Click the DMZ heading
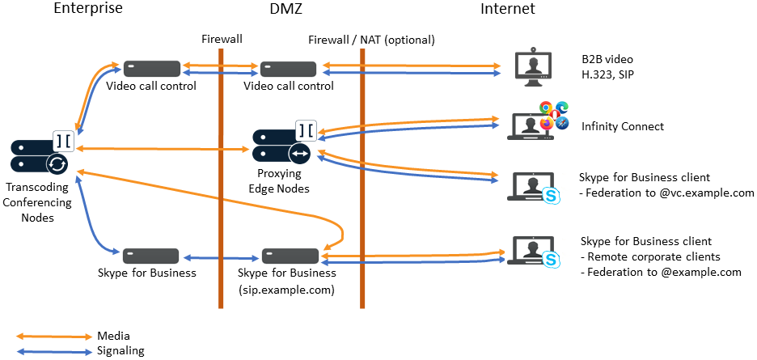tap(289, 10)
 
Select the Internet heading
tap(507, 10)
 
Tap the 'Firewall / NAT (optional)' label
tap(371, 39)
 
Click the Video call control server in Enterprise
tap(151, 69)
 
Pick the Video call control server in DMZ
tap(288, 69)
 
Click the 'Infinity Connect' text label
tap(623, 126)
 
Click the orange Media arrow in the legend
tap(55, 336)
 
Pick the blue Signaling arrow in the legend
tap(55, 351)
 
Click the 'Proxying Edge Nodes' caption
tap(280, 181)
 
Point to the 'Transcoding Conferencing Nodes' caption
tap(39, 202)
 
